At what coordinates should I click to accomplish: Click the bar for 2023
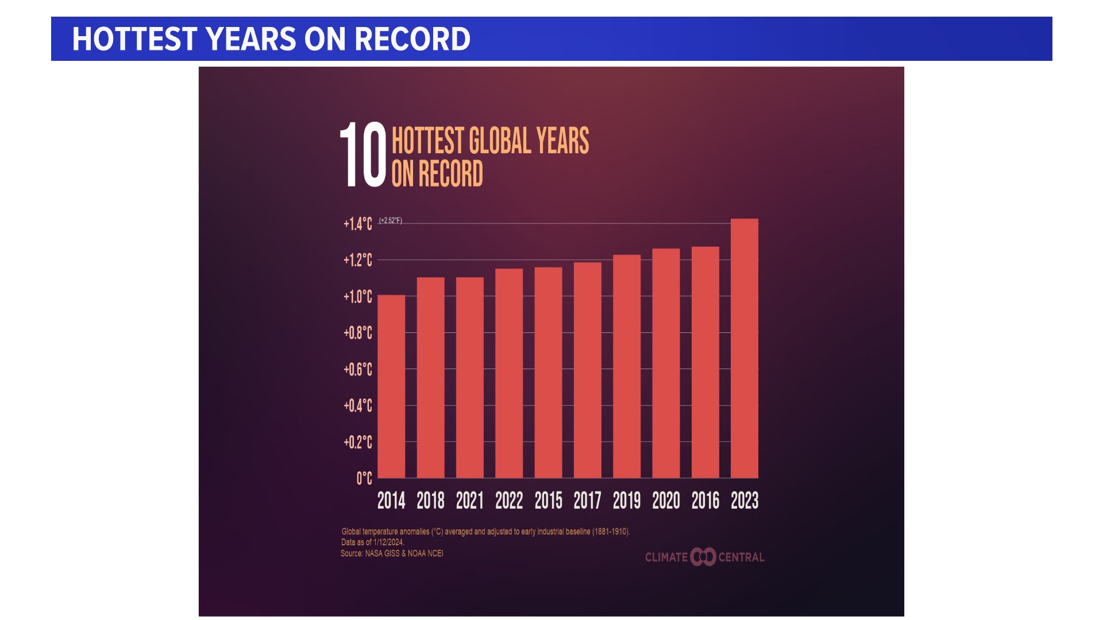(x=744, y=348)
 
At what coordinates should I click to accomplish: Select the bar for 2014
(x=391, y=386)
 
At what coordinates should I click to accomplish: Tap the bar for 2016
(x=705, y=362)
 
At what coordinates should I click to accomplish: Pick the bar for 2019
(x=627, y=366)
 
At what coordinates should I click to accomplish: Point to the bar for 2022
(x=509, y=373)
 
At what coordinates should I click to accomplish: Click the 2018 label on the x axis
(x=430, y=501)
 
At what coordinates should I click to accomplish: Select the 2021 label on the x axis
(x=469, y=501)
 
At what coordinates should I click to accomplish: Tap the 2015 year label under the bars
(x=548, y=501)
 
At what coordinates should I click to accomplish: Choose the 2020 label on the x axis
(x=666, y=501)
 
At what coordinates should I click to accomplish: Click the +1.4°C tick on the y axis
(x=358, y=223)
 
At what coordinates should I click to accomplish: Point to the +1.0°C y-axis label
(x=358, y=296)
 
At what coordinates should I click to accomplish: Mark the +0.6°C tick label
(x=358, y=369)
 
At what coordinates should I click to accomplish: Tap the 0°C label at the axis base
(x=364, y=478)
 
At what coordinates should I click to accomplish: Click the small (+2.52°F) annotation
(x=391, y=220)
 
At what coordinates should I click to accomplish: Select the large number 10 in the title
(x=363, y=155)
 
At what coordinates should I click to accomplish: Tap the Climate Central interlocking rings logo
(x=703, y=557)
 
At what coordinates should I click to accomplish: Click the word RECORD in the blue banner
(x=412, y=39)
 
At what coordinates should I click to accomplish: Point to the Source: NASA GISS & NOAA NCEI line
(x=392, y=553)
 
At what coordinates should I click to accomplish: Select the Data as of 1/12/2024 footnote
(x=373, y=542)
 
